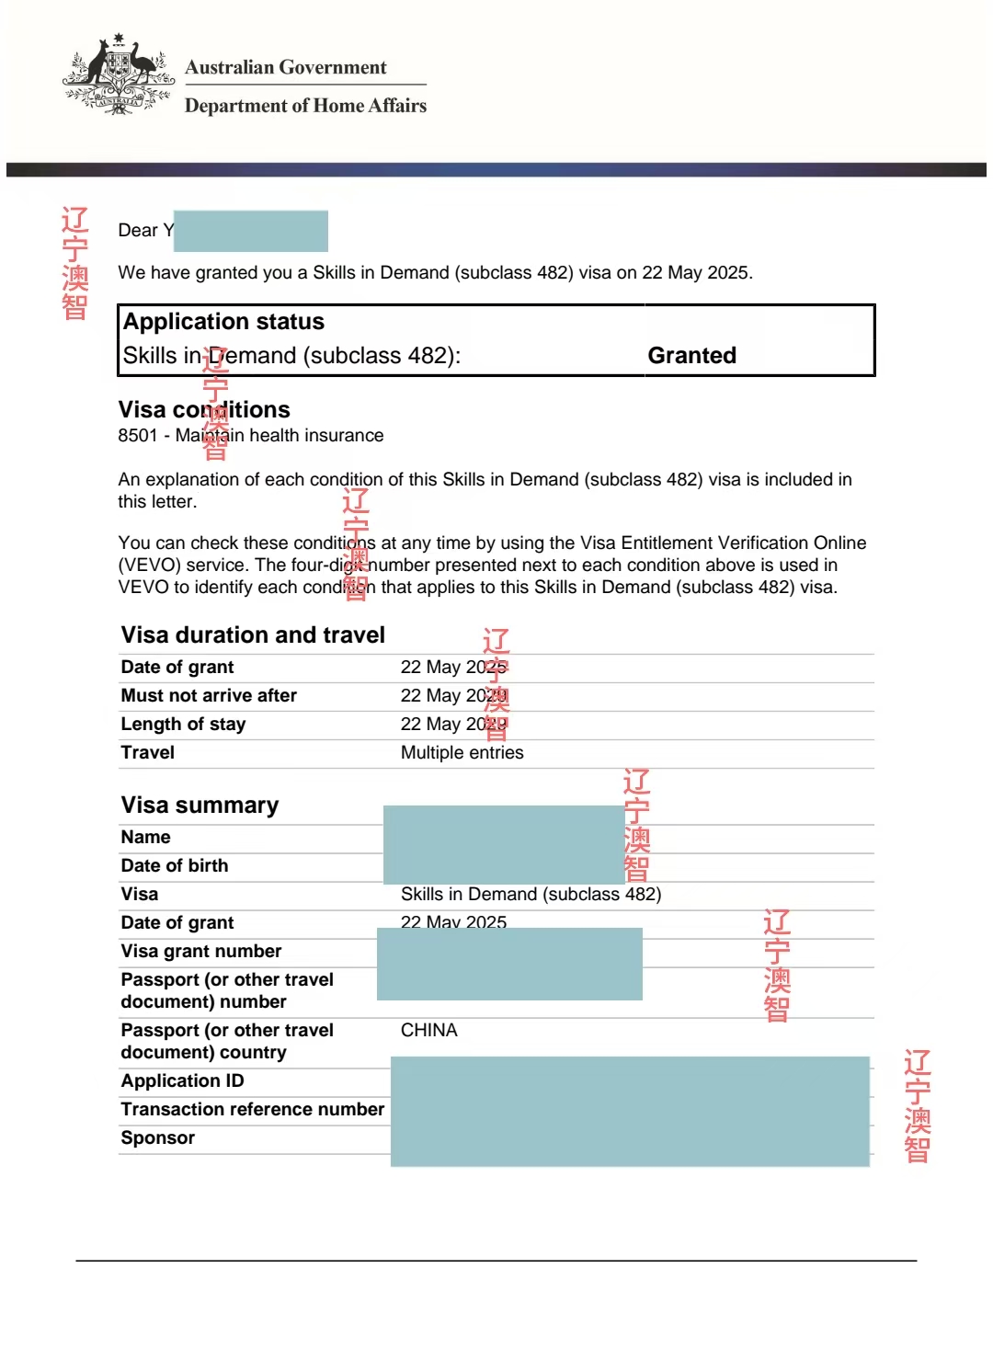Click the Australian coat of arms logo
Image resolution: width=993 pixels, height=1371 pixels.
(x=119, y=76)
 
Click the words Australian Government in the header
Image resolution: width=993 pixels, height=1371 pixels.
(x=285, y=67)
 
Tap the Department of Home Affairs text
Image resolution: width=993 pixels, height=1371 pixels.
(x=305, y=106)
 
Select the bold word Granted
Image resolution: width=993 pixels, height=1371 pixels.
(x=691, y=356)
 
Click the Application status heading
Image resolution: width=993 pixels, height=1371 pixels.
(x=223, y=322)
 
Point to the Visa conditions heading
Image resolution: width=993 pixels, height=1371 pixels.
(x=203, y=410)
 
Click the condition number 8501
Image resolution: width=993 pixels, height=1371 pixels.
(x=137, y=436)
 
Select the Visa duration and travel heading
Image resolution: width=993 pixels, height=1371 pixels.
(x=253, y=635)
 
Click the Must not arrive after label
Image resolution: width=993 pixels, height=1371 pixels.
(x=209, y=696)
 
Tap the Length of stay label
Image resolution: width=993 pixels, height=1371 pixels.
(x=183, y=725)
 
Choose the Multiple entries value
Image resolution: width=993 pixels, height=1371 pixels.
(x=462, y=753)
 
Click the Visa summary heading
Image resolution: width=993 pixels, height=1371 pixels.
(x=200, y=805)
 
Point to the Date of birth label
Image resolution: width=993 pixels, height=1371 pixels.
(x=175, y=866)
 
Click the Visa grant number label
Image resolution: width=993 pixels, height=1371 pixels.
(x=201, y=952)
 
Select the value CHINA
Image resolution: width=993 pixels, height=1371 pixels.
(x=428, y=1031)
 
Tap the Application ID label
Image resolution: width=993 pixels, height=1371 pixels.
(x=182, y=1081)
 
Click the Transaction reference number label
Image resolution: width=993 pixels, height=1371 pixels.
(x=253, y=1110)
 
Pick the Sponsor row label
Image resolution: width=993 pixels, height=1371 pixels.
(x=157, y=1138)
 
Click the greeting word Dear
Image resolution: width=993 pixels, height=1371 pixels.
(x=138, y=231)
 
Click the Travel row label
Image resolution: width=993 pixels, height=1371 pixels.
(x=147, y=753)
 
